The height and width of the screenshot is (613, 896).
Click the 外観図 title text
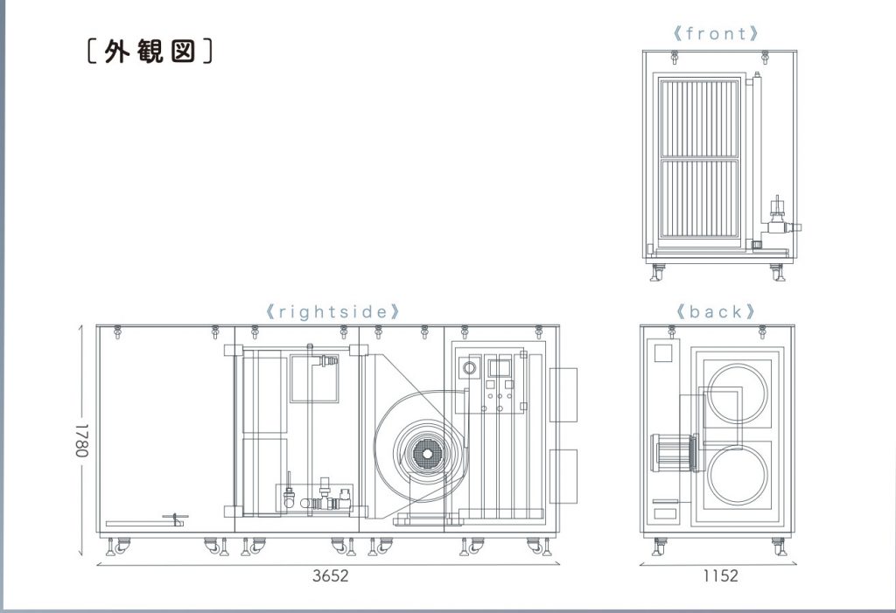150,52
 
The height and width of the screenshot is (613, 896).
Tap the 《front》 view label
716,34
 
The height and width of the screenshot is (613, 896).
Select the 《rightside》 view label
333,311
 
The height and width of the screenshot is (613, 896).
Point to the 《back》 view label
715,311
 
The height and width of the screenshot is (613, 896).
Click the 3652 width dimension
330,576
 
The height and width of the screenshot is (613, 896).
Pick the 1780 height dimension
81,442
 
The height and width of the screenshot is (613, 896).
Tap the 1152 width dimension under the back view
719,576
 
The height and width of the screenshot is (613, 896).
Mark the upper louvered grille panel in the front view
699,118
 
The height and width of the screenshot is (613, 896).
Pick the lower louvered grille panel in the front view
699,200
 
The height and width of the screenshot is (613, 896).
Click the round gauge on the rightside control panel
471,368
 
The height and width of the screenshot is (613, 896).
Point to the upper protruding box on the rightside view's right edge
563,394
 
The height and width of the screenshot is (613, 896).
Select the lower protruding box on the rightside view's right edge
563,476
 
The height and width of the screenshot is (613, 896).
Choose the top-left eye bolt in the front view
674,58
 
